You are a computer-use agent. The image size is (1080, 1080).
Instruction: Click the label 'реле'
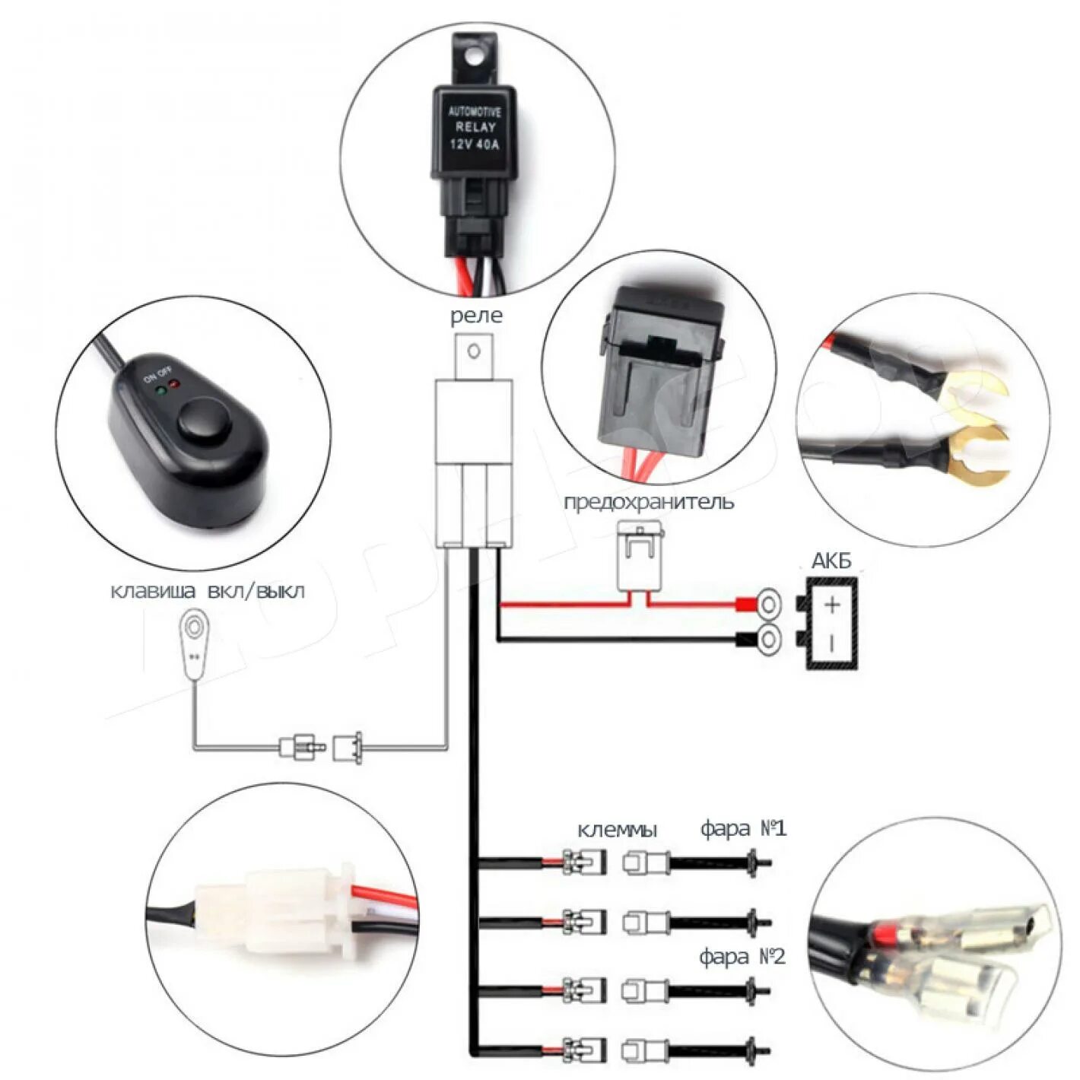pyautogui.click(x=476, y=316)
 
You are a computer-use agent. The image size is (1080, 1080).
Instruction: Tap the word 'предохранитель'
pyautogui.click(x=649, y=503)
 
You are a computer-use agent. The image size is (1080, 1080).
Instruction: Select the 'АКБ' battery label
pyautogui.click(x=831, y=562)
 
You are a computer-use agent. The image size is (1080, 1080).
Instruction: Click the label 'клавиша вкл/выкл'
pyautogui.click(x=208, y=591)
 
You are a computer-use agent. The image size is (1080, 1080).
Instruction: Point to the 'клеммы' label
pyautogui.click(x=617, y=829)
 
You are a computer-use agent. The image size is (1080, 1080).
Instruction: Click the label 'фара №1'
pyautogui.click(x=743, y=827)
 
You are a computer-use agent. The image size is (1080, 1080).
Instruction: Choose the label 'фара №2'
pyautogui.click(x=742, y=957)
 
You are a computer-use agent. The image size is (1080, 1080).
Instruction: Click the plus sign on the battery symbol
pyautogui.click(x=833, y=605)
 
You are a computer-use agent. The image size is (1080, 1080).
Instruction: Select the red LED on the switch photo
pyautogui.click(x=173, y=384)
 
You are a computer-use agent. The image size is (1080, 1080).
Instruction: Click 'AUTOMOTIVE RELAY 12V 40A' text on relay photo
pyautogui.click(x=475, y=128)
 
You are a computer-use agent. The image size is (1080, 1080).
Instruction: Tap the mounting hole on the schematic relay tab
pyautogui.click(x=474, y=351)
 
